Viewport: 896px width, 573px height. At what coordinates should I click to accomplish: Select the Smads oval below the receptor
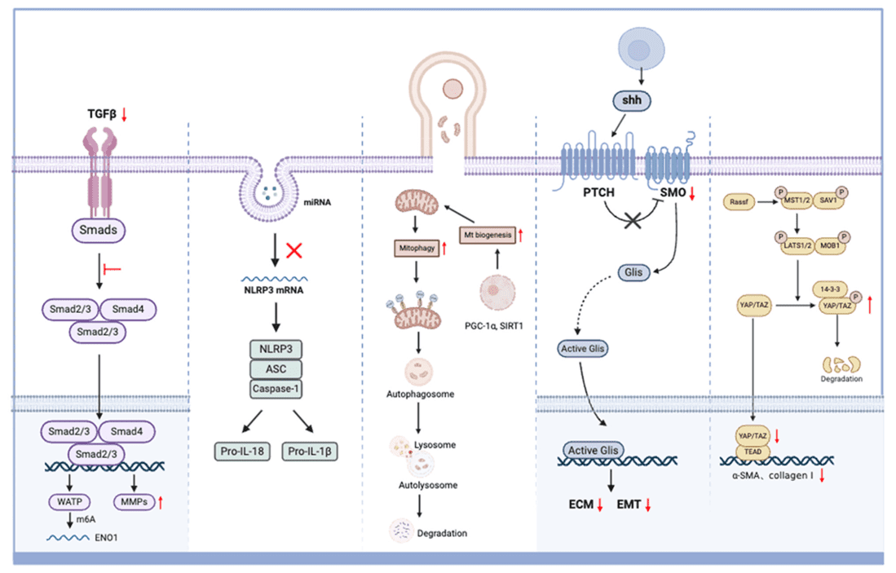[x=99, y=231]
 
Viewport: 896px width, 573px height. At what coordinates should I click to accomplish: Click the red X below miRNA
[x=294, y=249]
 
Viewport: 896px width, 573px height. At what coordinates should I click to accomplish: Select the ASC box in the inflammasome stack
[x=274, y=369]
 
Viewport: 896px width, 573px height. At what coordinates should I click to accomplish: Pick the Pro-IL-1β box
[x=311, y=450]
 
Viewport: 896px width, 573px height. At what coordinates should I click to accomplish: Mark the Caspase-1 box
[x=275, y=389]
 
